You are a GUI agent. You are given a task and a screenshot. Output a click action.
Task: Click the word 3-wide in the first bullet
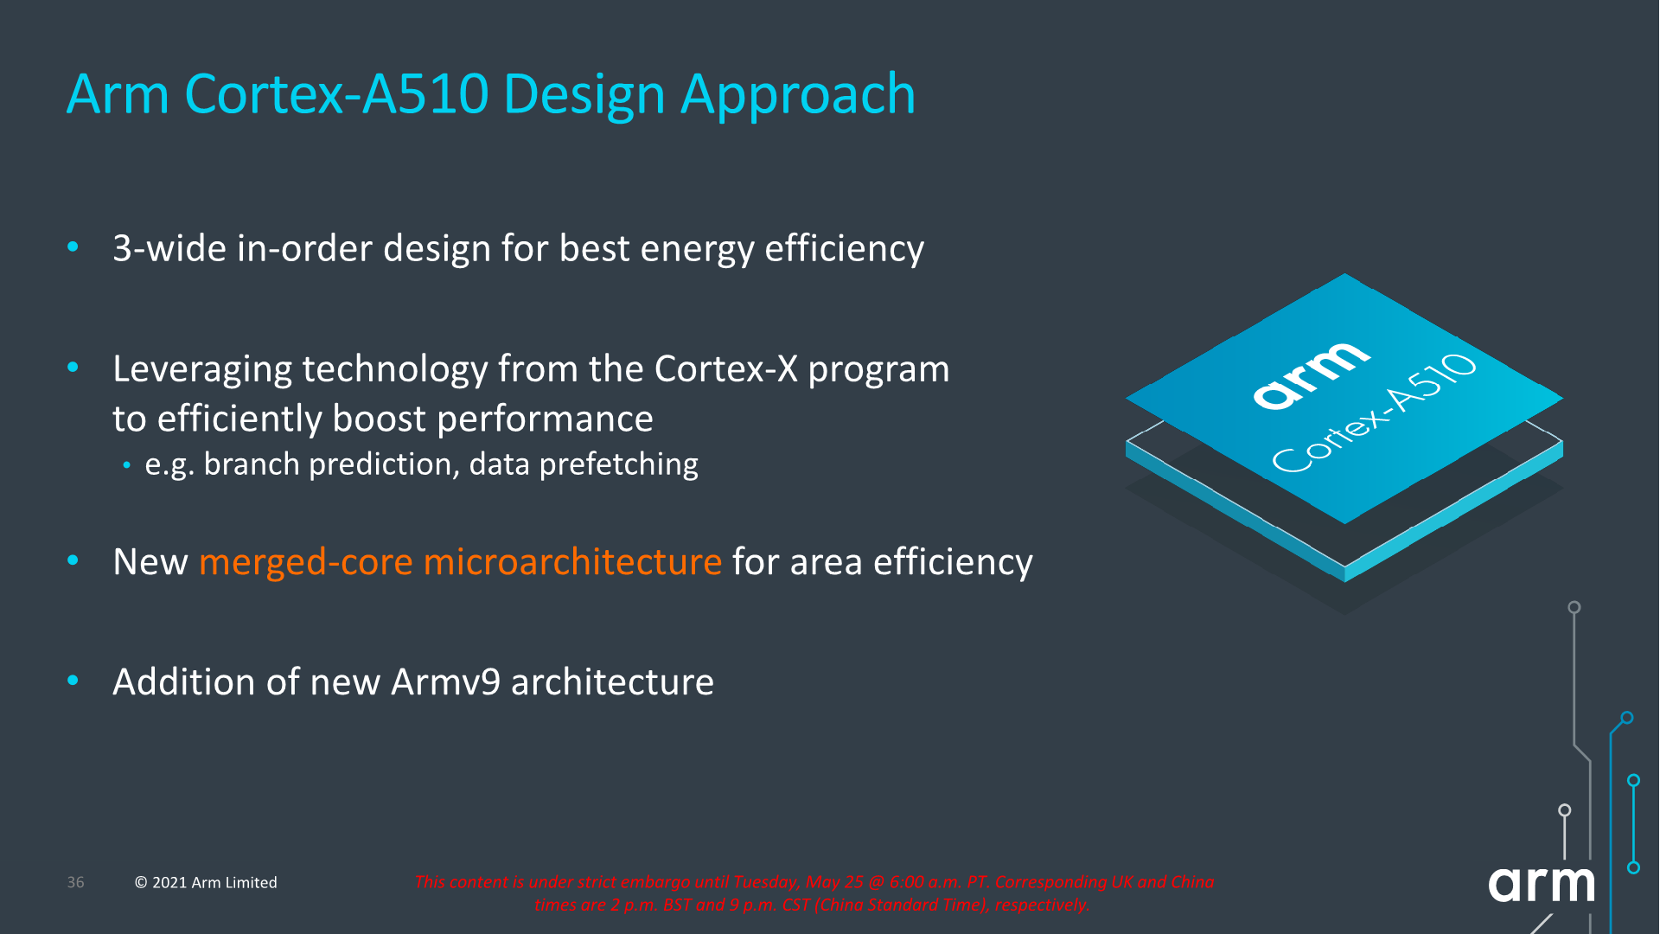point(169,249)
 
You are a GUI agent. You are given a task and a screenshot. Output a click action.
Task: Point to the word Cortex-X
point(726,369)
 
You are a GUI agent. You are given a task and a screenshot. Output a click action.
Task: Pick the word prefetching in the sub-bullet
point(618,465)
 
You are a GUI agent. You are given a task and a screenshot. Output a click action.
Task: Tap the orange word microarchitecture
point(572,562)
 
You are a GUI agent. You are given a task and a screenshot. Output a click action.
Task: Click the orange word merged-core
point(305,562)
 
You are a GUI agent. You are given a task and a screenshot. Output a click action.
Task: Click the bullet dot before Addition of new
point(73,681)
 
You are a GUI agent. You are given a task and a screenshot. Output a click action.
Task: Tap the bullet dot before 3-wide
point(73,248)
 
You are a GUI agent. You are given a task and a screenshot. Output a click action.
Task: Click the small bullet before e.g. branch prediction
point(127,466)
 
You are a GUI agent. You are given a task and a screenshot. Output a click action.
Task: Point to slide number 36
point(76,882)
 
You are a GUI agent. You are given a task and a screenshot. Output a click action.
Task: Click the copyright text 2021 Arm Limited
point(214,882)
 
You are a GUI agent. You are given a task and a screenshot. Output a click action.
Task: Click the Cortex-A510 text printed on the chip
point(1374,413)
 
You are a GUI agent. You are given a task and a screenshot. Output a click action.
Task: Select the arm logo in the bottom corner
point(1541,884)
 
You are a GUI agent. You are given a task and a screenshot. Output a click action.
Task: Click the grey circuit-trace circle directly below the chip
point(1574,608)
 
